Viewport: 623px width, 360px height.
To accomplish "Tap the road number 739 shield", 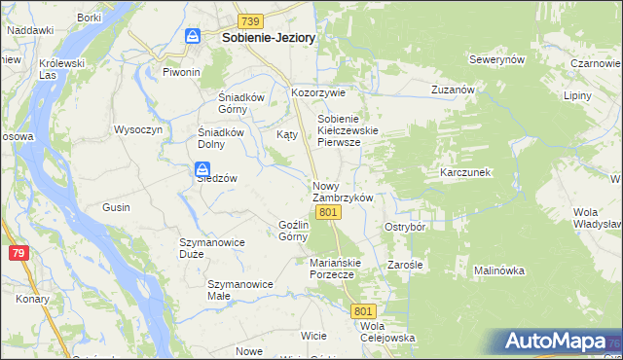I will pos(250,20).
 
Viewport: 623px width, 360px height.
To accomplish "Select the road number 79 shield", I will pos(17,253).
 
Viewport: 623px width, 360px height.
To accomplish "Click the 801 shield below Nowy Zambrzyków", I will pos(328,212).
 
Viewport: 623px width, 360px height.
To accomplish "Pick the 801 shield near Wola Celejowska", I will pos(363,309).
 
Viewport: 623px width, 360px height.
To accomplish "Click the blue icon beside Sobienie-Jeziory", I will pos(193,36).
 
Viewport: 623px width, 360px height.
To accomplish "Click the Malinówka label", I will pos(499,270).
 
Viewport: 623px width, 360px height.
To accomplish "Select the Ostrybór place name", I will pos(406,226).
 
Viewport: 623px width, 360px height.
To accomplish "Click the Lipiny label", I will pos(577,97).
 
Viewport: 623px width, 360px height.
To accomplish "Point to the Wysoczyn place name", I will pos(137,129).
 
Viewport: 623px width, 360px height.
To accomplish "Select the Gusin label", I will pos(117,207).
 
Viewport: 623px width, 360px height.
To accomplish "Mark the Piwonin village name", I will pos(181,72).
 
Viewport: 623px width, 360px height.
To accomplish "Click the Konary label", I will pos(32,299).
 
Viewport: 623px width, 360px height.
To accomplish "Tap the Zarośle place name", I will pos(403,264).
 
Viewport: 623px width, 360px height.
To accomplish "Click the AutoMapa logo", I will pos(555,342).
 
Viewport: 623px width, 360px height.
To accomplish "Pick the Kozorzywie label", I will pos(319,93).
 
